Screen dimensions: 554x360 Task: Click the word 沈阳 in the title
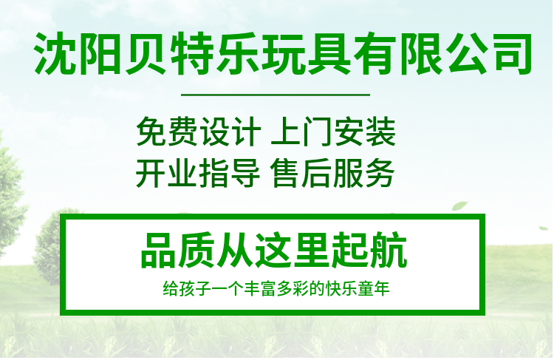[79, 53]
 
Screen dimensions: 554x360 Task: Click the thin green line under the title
[276, 95]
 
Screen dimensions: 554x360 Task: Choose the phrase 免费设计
[199, 132]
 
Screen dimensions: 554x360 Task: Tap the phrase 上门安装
[333, 132]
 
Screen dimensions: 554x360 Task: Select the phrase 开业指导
[198, 173]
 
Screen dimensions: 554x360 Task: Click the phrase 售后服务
[332, 173]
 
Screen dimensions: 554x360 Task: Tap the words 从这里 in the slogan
[274, 251]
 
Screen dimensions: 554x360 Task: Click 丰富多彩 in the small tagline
[277, 288]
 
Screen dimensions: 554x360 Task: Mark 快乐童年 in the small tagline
[358, 288]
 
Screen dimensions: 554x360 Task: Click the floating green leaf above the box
[459, 206]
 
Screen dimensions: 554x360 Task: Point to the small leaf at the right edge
[544, 228]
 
